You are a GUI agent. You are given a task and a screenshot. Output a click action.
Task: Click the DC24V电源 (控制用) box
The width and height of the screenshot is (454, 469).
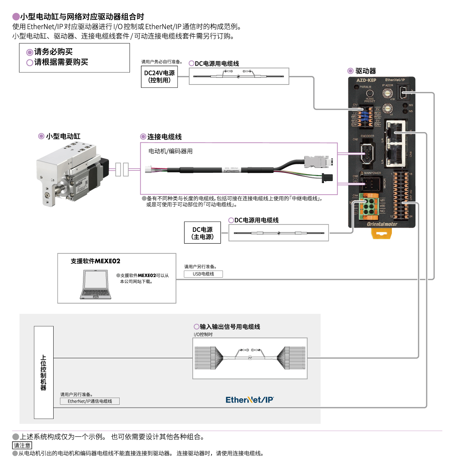click(159, 77)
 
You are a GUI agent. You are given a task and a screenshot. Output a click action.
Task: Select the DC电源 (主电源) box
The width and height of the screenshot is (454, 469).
click(202, 233)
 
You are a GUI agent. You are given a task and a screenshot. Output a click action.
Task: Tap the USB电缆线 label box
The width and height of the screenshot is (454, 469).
click(203, 274)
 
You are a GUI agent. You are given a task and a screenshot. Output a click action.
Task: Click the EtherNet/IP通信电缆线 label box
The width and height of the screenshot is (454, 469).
click(90, 401)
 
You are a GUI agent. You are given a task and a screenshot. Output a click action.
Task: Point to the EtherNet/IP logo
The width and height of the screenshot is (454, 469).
click(250, 400)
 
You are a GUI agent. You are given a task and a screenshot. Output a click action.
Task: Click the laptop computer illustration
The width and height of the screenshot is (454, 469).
click(95, 285)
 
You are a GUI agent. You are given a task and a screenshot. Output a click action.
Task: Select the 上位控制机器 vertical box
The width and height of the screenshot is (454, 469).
click(44, 372)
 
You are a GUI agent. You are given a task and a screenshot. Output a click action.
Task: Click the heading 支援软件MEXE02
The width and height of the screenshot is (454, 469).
click(95, 261)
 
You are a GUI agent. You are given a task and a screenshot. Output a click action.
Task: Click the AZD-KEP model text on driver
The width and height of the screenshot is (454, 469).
click(366, 80)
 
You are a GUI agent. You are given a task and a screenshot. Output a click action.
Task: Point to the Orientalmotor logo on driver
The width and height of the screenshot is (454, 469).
click(382, 224)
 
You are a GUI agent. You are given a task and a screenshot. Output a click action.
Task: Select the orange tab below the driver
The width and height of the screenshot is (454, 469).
click(382, 233)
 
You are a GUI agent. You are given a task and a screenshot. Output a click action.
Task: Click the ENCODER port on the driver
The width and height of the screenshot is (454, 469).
click(367, 153)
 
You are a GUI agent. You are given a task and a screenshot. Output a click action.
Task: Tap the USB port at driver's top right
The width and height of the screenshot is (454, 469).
click(404, 93)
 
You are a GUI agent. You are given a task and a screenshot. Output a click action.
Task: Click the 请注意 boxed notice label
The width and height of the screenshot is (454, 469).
click(22, 446)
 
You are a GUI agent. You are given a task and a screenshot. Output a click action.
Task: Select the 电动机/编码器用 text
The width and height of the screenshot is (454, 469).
click(170, 151)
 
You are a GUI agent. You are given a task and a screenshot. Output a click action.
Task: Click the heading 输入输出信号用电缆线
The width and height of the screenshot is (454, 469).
click(230, 327)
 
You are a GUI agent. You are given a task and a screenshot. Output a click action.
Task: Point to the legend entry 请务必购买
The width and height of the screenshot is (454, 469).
click(53, 52)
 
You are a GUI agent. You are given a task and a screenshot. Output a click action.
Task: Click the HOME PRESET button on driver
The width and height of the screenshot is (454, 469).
click(370, 93)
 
